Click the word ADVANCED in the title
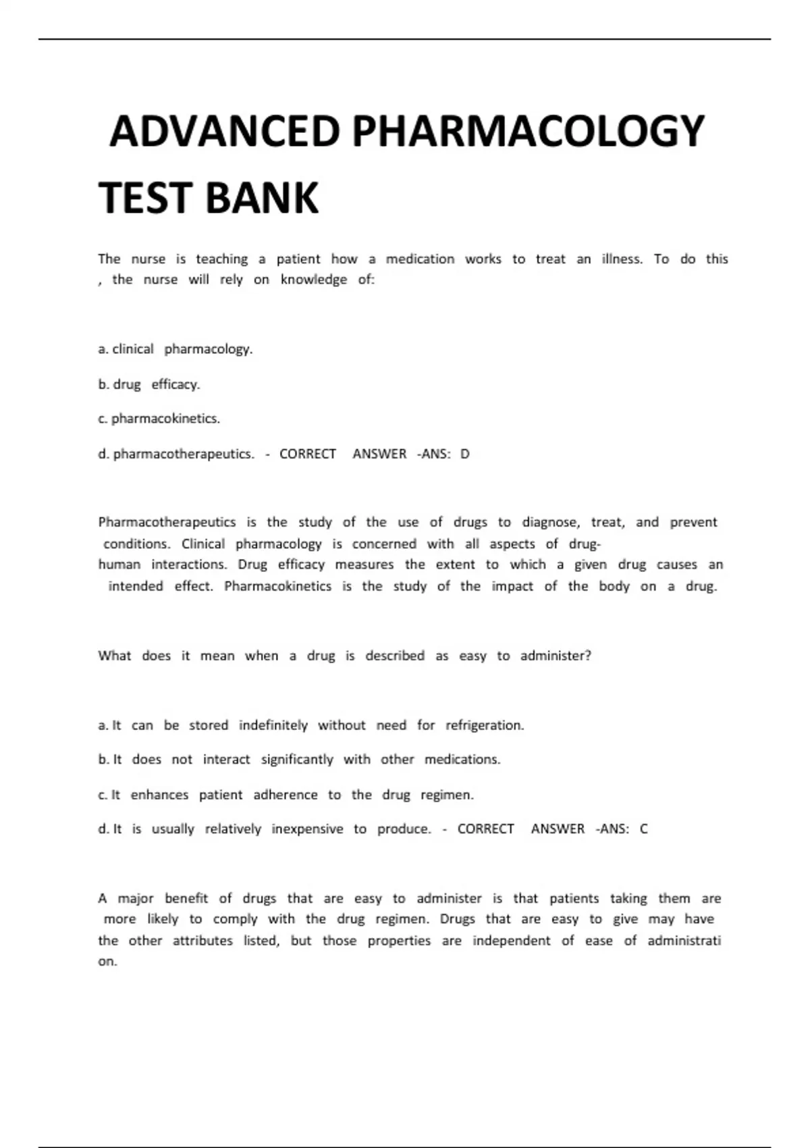coord(224,131)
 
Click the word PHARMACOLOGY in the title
coord(528,131)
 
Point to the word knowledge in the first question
coord(314,280)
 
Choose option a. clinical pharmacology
coord(175,349)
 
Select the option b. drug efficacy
coord(149,384)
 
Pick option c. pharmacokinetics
coord(159,419)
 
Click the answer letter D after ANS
coord(464,454)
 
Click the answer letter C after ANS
coord(643,829)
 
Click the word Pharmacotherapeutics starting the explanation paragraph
coord(167,522)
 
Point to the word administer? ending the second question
coord(556,656)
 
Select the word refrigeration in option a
coord(484,725)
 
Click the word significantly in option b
coord(297,760)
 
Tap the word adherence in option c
coord(286,795)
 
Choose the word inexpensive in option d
coord(307,829)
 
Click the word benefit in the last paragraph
coord(186,898)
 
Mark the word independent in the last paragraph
coord(511,940)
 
